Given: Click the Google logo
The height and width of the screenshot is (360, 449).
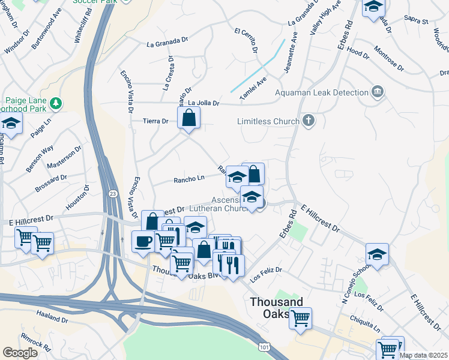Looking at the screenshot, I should point(20,353).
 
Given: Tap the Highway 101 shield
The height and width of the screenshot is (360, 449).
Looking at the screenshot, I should point(264,346).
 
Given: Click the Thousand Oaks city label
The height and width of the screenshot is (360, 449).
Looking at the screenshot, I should point(277,308).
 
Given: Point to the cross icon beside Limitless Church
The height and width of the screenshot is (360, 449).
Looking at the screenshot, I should point(309,121).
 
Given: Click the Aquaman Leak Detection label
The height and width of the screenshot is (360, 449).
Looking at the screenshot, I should point(321,93).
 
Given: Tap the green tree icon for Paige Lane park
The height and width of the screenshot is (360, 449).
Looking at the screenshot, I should point(56,103).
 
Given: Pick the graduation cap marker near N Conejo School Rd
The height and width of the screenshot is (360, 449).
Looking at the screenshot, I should point(377,254).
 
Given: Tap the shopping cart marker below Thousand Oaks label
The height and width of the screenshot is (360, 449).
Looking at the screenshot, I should point(300,317).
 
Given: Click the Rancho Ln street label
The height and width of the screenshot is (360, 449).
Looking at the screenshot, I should point(189,178).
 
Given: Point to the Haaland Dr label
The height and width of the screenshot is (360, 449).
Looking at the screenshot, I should point(52,315).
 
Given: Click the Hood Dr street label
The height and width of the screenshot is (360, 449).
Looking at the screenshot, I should point(358,54).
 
